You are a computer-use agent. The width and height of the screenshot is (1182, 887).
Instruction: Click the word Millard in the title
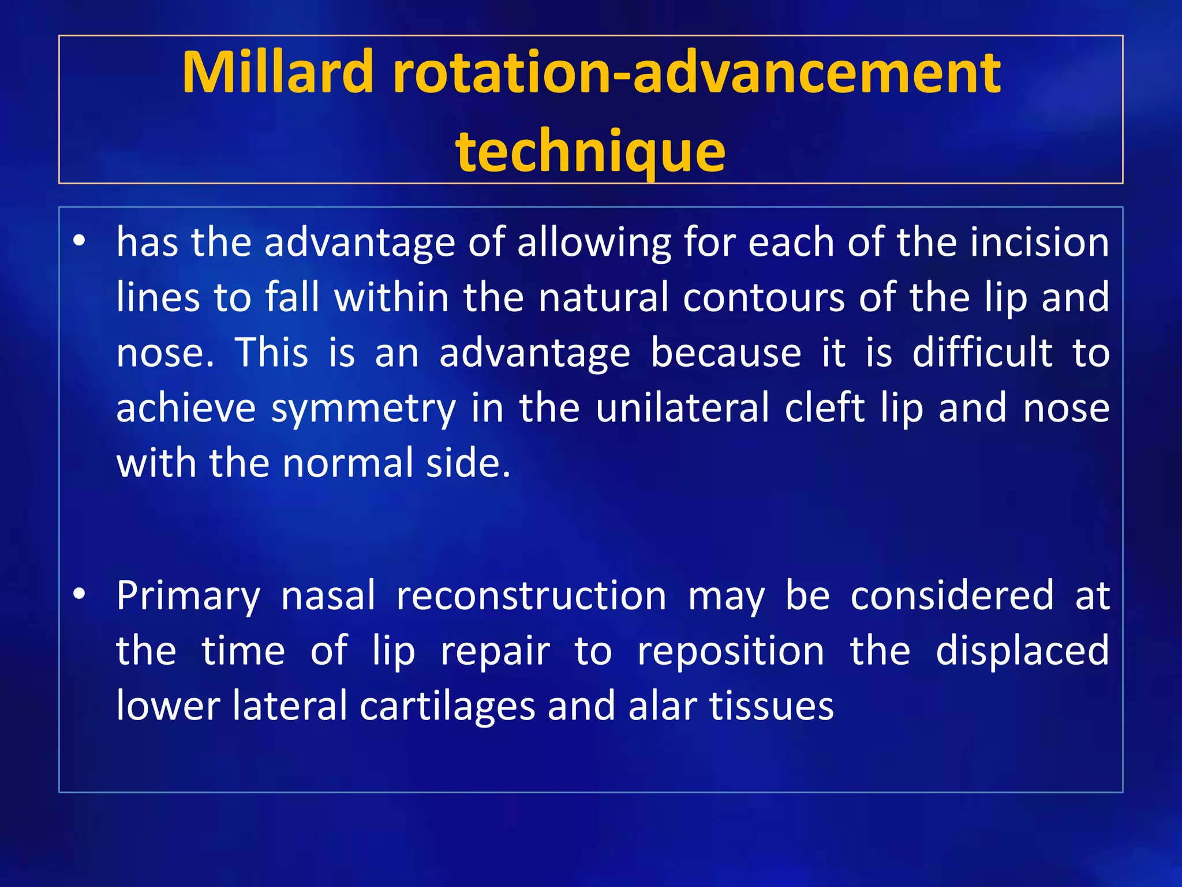click(277, 72)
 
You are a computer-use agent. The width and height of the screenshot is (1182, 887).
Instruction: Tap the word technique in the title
click(590, 151)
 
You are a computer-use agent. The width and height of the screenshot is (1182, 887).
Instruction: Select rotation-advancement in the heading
click(696, 72)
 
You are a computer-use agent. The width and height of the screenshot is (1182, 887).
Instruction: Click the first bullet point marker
click(80, 240)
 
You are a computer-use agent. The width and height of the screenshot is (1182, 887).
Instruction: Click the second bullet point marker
click(80, 594)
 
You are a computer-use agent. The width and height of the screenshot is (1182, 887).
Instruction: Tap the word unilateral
click(683, 408)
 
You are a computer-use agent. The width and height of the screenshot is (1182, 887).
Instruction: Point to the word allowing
click(594, 243)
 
